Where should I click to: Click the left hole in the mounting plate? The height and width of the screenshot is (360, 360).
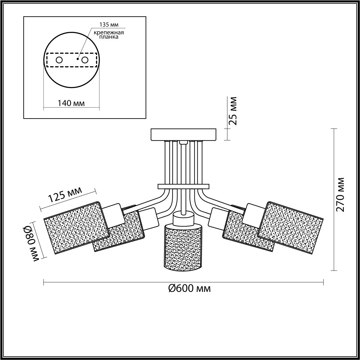[x=59, y=60]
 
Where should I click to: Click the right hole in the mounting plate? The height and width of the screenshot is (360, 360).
[x=85, y=60]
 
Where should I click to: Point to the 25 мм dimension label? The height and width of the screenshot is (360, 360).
[x=233, y=110]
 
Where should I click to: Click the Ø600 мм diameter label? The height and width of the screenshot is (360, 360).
[x=189, y=288]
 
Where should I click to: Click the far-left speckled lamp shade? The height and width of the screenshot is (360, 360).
[x=77, y=227]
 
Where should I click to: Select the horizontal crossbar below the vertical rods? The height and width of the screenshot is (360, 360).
[x=183, y=187]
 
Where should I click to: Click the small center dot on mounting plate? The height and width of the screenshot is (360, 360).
[x=77, y=59]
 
